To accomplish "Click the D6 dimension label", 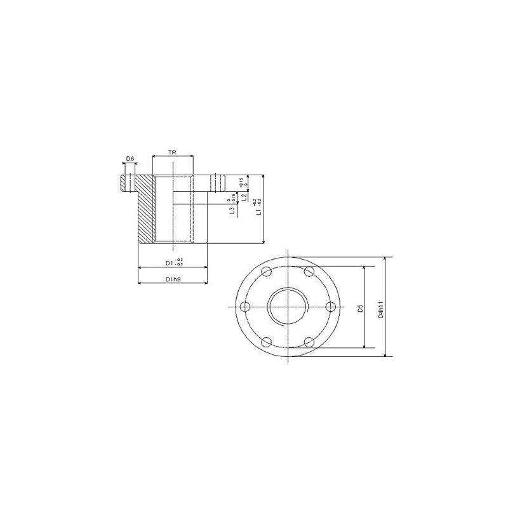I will point(130,158).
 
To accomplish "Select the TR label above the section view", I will point(172,153).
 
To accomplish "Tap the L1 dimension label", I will point(257,207).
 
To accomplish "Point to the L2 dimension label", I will point(244,198).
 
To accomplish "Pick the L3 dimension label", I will point(232,208).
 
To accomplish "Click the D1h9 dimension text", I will point(171,279).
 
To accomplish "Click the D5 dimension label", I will point(359,308).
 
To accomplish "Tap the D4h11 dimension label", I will point(380,308).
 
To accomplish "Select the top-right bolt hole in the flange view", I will point(309,272).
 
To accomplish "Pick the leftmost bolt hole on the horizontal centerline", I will point(245,308).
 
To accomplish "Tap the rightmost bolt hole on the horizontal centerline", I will point(330,308).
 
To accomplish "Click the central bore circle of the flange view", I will point(288,308).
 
